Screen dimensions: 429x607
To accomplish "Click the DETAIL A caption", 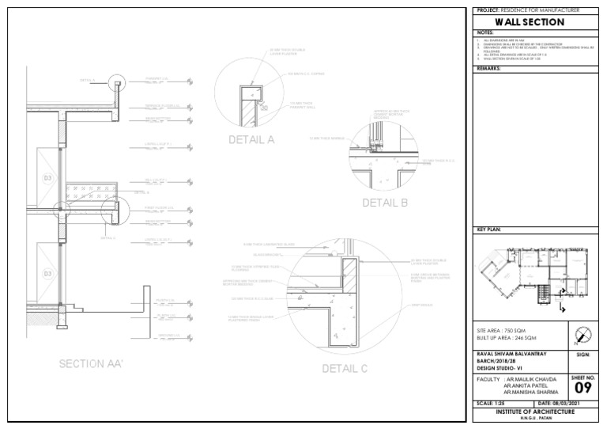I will [x=251, y=140].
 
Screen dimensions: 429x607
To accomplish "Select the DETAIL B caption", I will [x=384, y=203].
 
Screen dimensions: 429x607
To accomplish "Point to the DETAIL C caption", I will [x=345, y=368].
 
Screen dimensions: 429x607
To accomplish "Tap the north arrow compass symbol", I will [x=582, y=334].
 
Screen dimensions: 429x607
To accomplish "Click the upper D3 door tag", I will [x=47, y=178].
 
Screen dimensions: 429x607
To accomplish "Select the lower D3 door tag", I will [x=47, y=274].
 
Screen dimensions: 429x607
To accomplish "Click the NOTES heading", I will [x=485, y=32].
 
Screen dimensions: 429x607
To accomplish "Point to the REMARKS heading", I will [x=489, y=69].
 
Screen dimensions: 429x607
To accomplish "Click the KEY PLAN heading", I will [x=490, y=230].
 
